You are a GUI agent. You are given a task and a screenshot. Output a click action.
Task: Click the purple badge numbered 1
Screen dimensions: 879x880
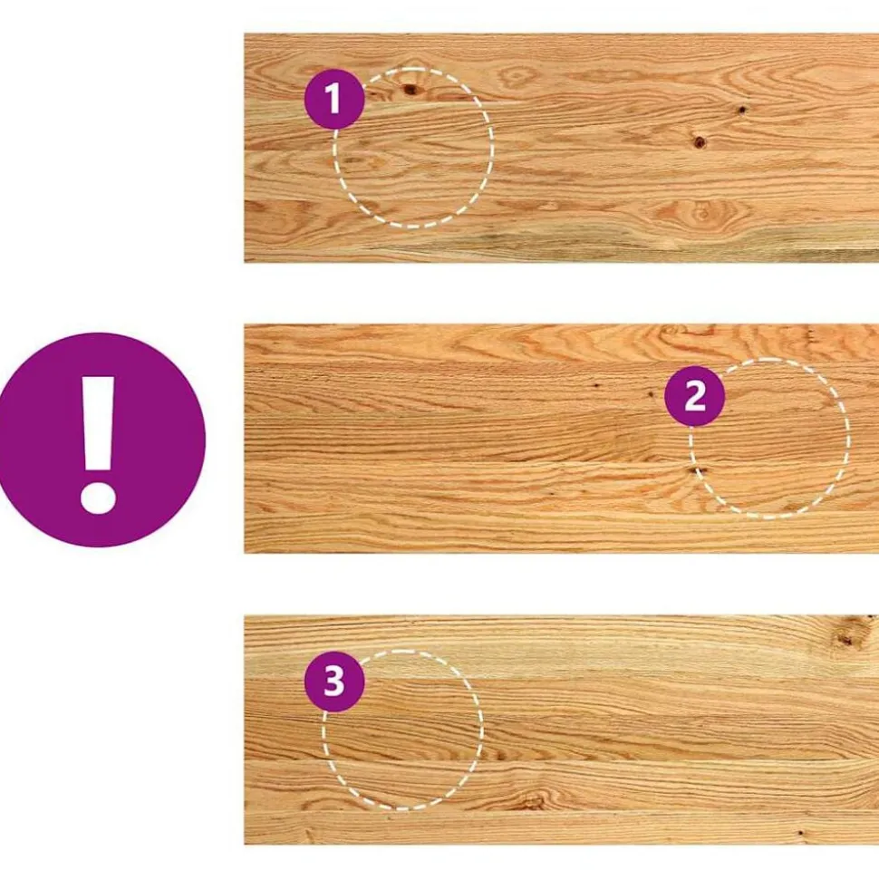point(334,99)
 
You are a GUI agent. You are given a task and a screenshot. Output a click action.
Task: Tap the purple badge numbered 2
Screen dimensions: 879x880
point(695,396)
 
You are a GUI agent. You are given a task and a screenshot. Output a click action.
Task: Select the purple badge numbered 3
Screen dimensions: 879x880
point(334,682)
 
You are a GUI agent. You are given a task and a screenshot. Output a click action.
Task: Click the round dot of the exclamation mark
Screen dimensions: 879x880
point(98,497)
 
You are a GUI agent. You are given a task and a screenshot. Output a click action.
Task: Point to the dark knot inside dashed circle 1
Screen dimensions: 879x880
point(411,89)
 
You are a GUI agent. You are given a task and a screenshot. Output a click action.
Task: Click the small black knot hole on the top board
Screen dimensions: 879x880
point(742,110)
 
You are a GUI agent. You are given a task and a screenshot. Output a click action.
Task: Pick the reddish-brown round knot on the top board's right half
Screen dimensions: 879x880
point(699,142)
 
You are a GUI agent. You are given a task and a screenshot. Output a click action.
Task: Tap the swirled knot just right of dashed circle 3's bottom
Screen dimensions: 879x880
point(530,801)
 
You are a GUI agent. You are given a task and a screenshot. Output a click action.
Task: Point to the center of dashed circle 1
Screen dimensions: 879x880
point(414,148)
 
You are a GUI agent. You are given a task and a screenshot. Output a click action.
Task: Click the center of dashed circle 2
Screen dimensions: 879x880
point(769,438)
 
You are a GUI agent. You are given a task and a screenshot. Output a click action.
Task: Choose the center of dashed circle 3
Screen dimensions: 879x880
point(402,730)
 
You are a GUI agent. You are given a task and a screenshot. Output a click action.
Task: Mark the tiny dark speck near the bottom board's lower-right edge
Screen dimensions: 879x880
point(800,833)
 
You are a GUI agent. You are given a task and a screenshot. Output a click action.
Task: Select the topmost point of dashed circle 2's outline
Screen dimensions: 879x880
point(769,359)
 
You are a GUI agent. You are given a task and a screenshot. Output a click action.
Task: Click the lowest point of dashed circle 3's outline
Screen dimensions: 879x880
point(402,808)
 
